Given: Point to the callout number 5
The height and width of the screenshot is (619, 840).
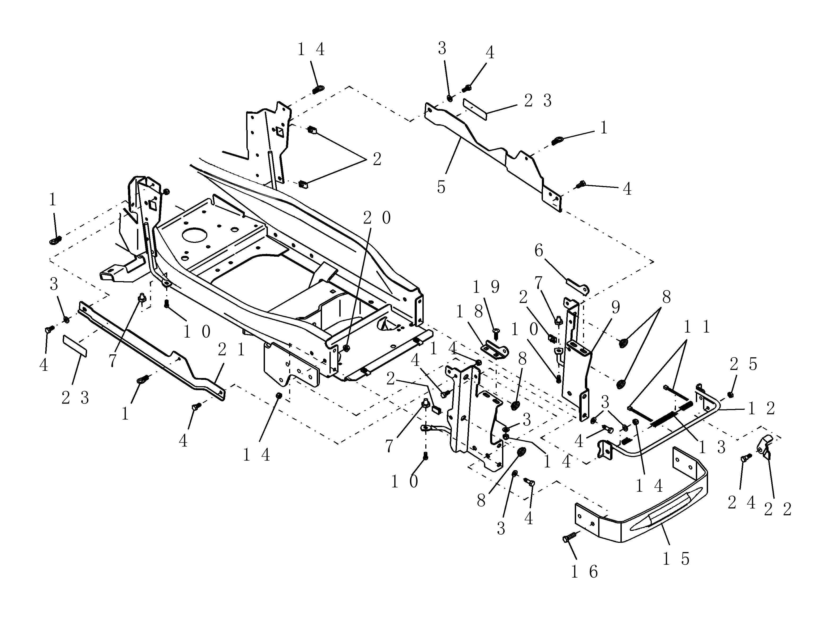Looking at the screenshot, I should (441, 187).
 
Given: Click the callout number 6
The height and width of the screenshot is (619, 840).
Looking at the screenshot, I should (538, 251).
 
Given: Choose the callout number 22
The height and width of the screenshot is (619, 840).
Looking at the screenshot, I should (777, 509).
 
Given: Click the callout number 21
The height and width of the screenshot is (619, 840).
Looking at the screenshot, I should (231, 350).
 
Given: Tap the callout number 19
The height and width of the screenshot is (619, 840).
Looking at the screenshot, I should (486, 287).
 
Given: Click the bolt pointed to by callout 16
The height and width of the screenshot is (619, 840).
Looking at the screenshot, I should (568, 539).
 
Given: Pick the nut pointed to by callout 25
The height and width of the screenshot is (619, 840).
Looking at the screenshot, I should (730, 394).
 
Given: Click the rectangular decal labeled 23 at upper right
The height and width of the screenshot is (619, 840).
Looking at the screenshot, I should (475, 109).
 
